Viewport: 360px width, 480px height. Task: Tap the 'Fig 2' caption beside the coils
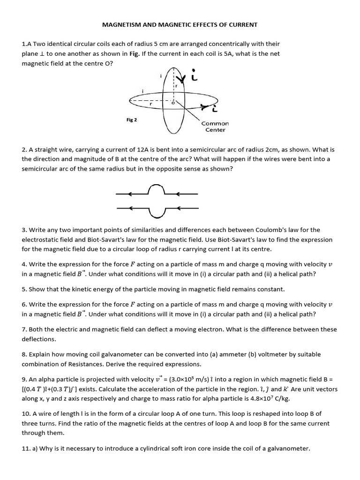[x=132, y=120]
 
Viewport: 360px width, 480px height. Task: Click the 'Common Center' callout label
[x=215, y=127]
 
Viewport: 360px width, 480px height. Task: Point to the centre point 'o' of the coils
[x=172, y=102]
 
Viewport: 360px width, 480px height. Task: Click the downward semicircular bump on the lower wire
[x=157, y=214]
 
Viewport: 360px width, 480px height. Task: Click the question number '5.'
[x=24, y=289]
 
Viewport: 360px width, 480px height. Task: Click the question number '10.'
[x=26, y=414]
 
